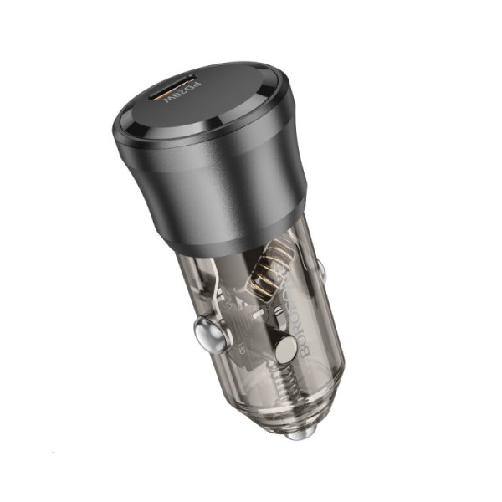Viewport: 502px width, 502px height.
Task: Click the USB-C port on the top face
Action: [x=178, y=87]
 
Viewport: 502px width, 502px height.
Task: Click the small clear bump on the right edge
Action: [x=320, y=269]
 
